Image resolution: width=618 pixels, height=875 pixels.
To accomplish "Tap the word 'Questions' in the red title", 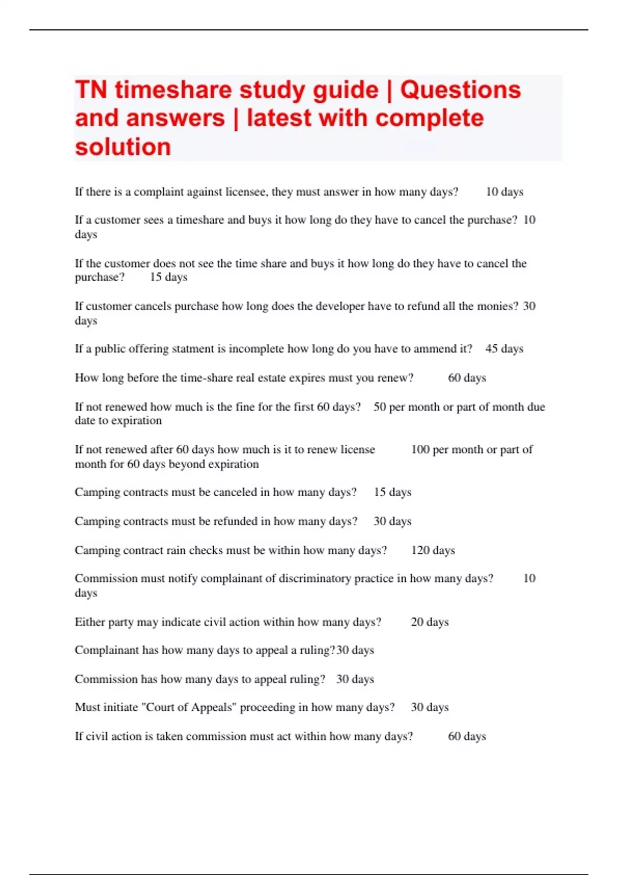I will tap(460, 90).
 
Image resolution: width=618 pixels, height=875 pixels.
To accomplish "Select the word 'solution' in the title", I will tap(123, 147).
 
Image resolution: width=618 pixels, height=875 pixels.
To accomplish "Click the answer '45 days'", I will tap(504, 349).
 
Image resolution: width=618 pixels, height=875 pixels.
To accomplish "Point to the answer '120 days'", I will tap(433, 550).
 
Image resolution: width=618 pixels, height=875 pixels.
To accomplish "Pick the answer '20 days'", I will tap(430, 622).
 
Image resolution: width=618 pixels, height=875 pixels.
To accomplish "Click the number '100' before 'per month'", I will tap(420, 449).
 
